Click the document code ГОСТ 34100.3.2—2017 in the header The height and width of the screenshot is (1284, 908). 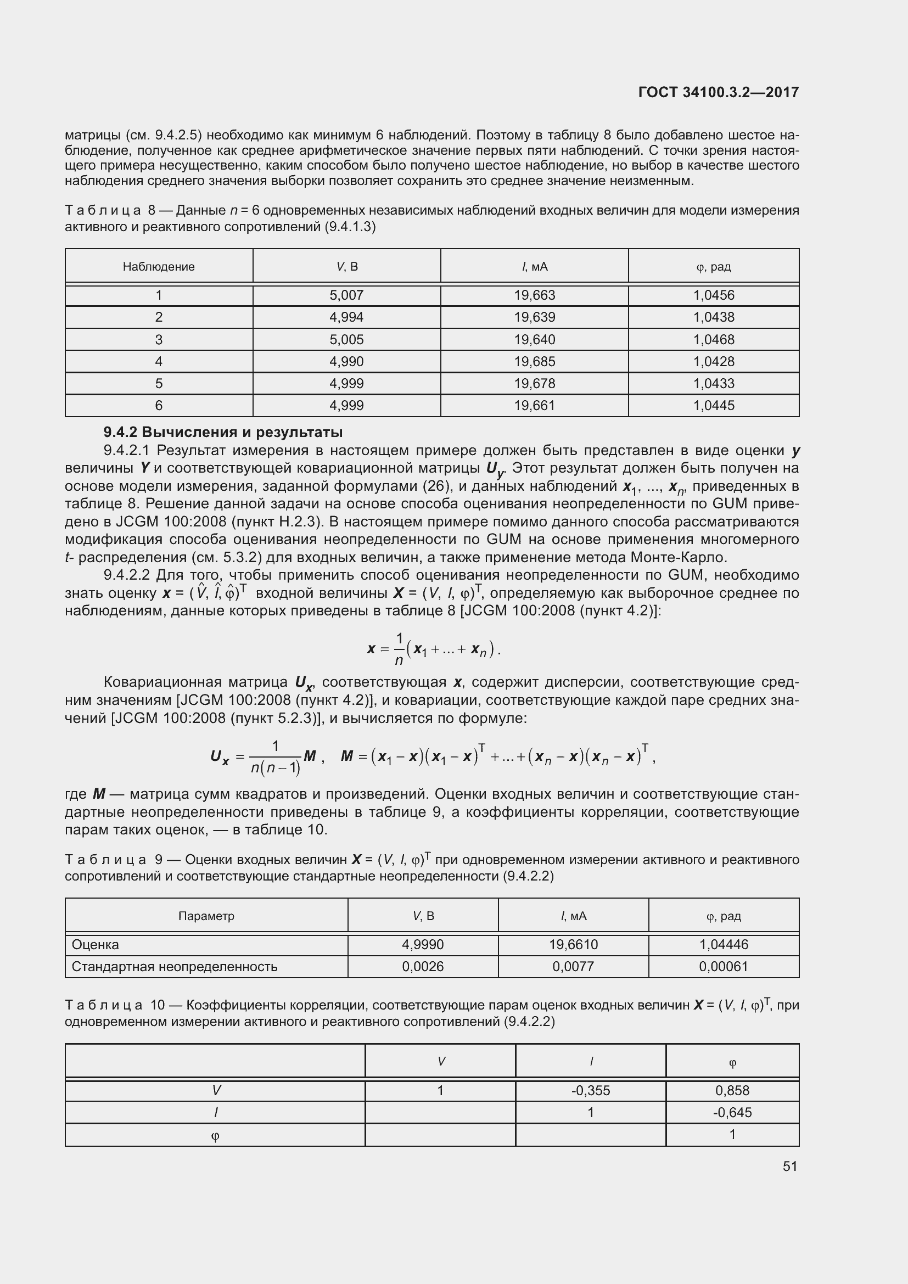pos(718,93)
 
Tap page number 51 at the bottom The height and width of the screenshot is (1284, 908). pos(789,1166)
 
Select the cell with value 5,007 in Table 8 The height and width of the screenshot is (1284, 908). pos(346,295)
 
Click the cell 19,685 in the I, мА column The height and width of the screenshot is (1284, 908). pos(534,362)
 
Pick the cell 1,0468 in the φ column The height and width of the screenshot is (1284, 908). pos(714,339)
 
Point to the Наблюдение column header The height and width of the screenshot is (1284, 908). pos(159,267)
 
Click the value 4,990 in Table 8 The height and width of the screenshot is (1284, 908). pos(346,362)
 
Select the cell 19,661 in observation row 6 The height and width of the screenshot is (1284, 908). pos(534,406)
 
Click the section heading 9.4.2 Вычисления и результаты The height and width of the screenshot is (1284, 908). pos(223,432)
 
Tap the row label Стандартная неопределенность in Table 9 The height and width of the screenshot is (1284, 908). pos(175,967)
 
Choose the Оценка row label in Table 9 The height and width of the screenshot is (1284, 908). pos(96,945)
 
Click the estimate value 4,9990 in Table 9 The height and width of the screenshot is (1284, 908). pos(423,945)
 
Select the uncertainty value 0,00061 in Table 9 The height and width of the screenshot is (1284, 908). pos(723,967)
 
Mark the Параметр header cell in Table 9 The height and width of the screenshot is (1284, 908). pos(206,916)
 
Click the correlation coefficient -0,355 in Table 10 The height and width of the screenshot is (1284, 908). pos(591,1091)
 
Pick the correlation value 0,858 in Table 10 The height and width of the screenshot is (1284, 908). pos(732,1091)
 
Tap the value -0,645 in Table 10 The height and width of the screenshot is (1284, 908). pos(732,1112)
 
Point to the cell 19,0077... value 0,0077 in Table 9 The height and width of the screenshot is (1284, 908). pos(573,967)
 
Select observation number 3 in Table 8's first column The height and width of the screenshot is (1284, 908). pos(159,339)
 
